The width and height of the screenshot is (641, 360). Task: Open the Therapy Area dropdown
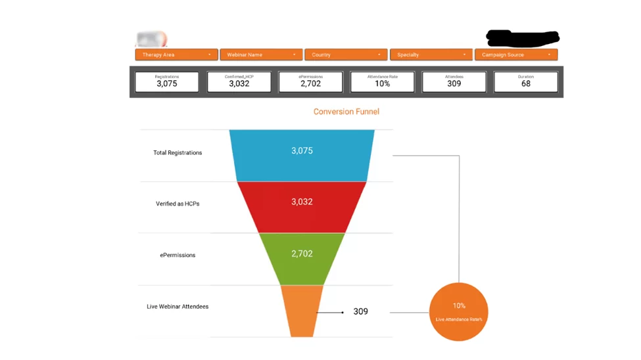[x=176, y=55]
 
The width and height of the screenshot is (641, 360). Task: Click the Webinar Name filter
[x=261, y=55]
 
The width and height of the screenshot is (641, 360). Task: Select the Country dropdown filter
[x=346, y=55]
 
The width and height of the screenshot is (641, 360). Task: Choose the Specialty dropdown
[x=431, y=55]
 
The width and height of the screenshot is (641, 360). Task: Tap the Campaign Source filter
[x=516, y=55]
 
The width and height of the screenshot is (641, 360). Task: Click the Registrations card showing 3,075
[x=167, y=81]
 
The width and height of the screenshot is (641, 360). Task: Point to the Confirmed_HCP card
[x=239, y=81]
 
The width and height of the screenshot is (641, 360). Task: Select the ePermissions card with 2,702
[x=310, y=81]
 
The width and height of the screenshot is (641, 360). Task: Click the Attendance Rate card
[x=382, y=81]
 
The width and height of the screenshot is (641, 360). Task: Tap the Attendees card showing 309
[x=454, y=81]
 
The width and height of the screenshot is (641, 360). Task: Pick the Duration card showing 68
[x=525, y=81]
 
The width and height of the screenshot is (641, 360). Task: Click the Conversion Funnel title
[x=346, y=112]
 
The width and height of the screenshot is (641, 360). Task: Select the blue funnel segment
[x=302, y=154]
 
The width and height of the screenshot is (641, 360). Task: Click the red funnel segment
[x=302, y=206]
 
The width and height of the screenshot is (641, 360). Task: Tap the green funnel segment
[x=302, y=258]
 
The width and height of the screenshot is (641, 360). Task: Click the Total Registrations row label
[x=178, y=153]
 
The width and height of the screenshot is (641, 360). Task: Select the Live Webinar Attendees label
[x=178, y=307]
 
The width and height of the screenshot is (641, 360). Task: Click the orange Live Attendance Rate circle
[x=458, y=312]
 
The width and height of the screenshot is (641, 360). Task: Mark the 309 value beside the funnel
[x=360, y=311]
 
